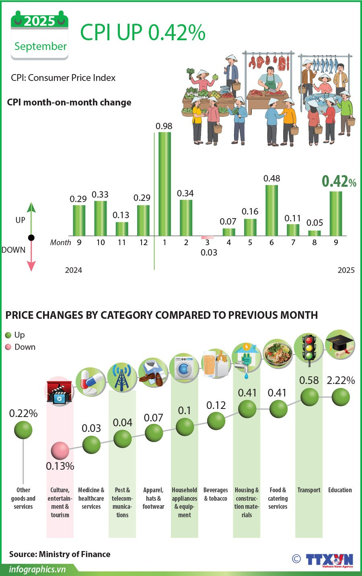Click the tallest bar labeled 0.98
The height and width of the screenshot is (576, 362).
tap(165, 184)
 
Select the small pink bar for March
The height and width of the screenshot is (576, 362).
tap(208, 237)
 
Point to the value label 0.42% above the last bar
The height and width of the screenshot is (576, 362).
tap(339, 182)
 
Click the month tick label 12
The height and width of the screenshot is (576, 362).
tap(143, 242)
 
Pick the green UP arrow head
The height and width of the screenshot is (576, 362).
tap(31, 207)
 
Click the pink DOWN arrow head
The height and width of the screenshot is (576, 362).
tap(31, 266)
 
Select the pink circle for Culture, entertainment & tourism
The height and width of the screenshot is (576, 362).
tap(60, 450)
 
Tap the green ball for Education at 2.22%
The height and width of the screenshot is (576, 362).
tap(341, 397)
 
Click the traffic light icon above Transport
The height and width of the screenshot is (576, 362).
tap(309, 349)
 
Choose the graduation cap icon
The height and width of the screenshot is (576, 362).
tap(340, 345)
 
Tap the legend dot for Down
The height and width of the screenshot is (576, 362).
tap(8, 347)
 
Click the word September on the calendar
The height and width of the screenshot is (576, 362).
tap(40, 46)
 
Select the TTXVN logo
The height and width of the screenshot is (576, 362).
tap(329, 560)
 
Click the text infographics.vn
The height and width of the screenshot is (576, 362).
tap(37, 569)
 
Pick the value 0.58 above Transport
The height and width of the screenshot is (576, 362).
tap(309, 380)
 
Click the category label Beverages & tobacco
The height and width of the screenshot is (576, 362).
tap(216, 494)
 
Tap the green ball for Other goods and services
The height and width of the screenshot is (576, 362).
tap(23, 430)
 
